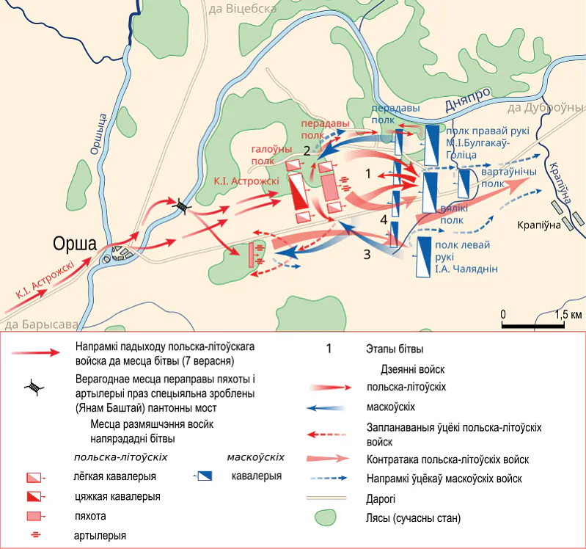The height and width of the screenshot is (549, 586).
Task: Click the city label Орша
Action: click(x=74, y=244)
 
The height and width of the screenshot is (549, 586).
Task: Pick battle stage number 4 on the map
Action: click(x=384, y=219)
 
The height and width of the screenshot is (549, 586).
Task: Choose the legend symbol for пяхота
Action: click(x=34, y=516)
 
